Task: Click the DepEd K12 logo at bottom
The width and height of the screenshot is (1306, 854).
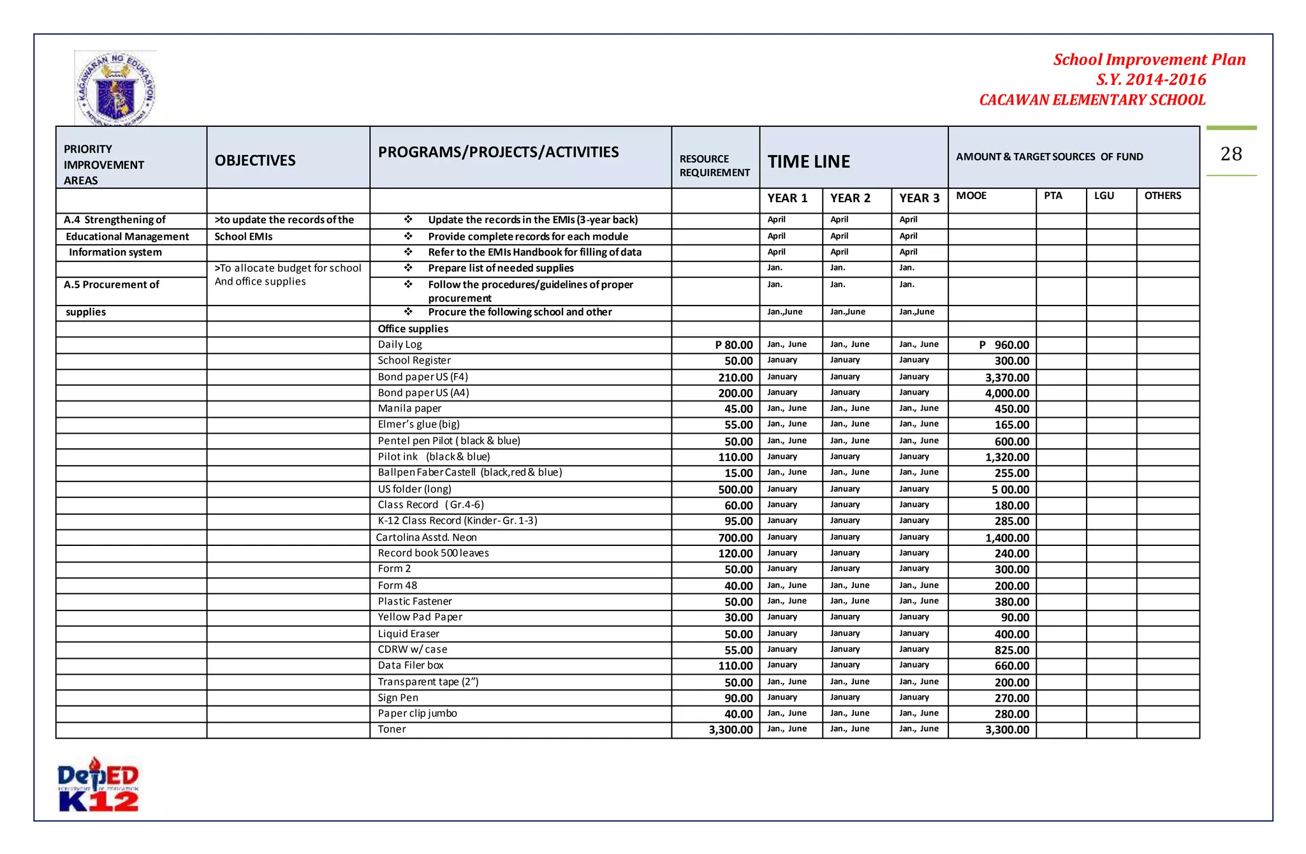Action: point(98,785)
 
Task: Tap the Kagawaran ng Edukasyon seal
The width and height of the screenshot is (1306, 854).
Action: point(115,89)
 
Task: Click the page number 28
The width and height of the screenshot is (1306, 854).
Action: point(1231,154)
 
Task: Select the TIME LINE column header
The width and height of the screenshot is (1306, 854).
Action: point(809,161)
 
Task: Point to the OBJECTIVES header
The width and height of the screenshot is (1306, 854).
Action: point(255,160)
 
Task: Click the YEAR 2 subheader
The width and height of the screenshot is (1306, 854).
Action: point(850,198)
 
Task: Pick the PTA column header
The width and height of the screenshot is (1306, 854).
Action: point(1053,196)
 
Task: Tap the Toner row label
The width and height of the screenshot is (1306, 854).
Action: point(392,729)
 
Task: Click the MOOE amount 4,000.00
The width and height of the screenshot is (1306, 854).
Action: point(1007,394)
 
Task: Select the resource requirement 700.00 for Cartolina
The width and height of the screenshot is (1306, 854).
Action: point(735,538)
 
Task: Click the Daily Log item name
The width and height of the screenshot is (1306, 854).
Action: point(400,344)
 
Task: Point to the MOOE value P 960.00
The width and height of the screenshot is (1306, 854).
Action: point(1004,345)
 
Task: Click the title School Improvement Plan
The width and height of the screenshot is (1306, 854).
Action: point(1149,60)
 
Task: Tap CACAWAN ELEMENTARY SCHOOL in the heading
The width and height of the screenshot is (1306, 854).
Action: point(1092,100)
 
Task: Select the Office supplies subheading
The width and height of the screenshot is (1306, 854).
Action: point(413,328)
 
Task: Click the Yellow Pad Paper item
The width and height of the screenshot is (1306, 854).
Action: point(420,617)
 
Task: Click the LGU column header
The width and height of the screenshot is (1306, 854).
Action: point(1104,196)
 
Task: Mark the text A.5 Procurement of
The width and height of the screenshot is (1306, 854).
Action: point(112,284)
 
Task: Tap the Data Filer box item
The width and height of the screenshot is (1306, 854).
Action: point(411,665)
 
